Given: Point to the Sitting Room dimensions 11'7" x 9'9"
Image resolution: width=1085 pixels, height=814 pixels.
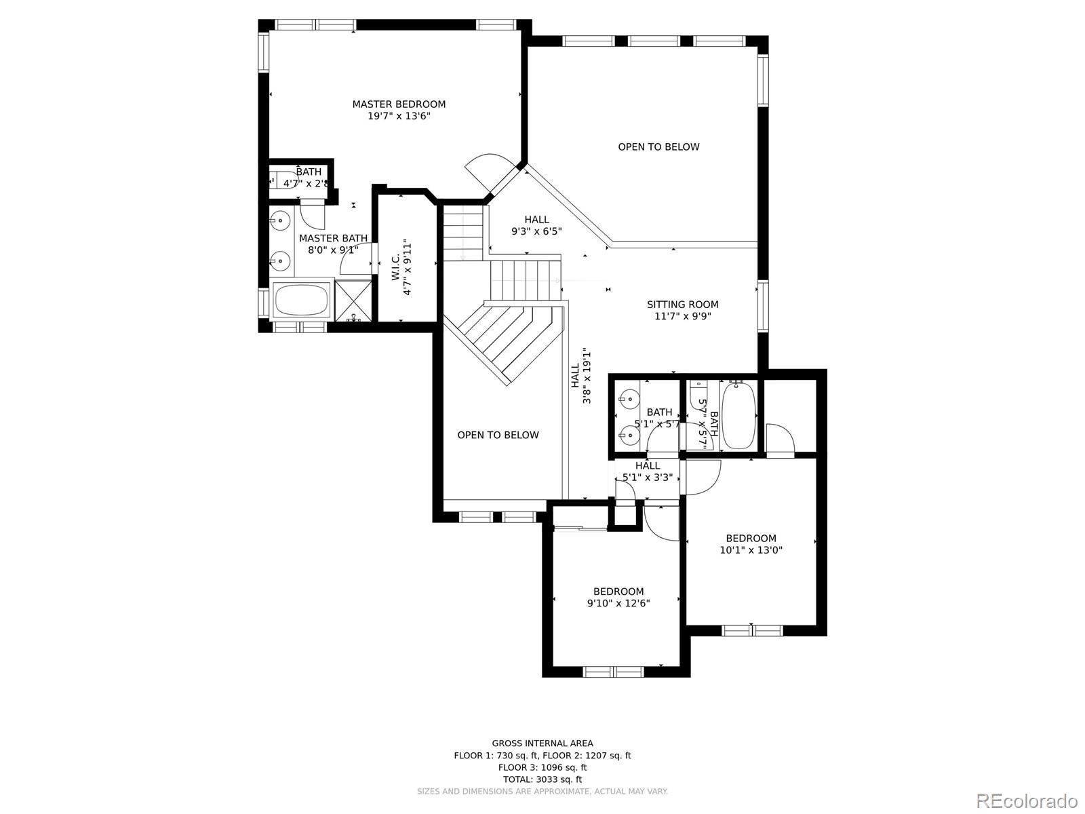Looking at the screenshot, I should tap(682, 316).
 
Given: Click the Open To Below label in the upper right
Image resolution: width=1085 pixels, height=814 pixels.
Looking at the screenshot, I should tap(658, 147).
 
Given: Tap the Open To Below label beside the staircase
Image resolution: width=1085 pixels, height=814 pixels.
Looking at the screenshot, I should tap(498, 435).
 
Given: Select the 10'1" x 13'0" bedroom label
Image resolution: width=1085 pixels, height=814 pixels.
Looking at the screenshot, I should tap(751, 545).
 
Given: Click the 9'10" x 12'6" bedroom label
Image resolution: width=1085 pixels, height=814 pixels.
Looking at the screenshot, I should tap(618, 598).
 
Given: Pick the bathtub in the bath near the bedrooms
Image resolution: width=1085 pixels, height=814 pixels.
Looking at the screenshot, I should tap(738, 415).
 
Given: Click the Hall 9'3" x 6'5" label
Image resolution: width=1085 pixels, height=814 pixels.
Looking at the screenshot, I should tap(536, 225).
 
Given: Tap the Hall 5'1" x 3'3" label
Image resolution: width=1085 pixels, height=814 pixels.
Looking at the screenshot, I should tap(648, 471).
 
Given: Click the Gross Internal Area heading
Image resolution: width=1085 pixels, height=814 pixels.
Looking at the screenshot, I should tap(542, 743).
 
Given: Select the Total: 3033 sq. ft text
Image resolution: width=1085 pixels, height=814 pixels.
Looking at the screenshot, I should tap(542, 779).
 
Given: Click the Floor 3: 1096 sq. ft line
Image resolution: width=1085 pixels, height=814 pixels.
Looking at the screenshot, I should tap(542, 768).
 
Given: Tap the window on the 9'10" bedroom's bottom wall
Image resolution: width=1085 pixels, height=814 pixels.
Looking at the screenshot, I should tap(614, 672).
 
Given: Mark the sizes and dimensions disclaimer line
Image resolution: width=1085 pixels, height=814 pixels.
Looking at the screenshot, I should tap(542, 792).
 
